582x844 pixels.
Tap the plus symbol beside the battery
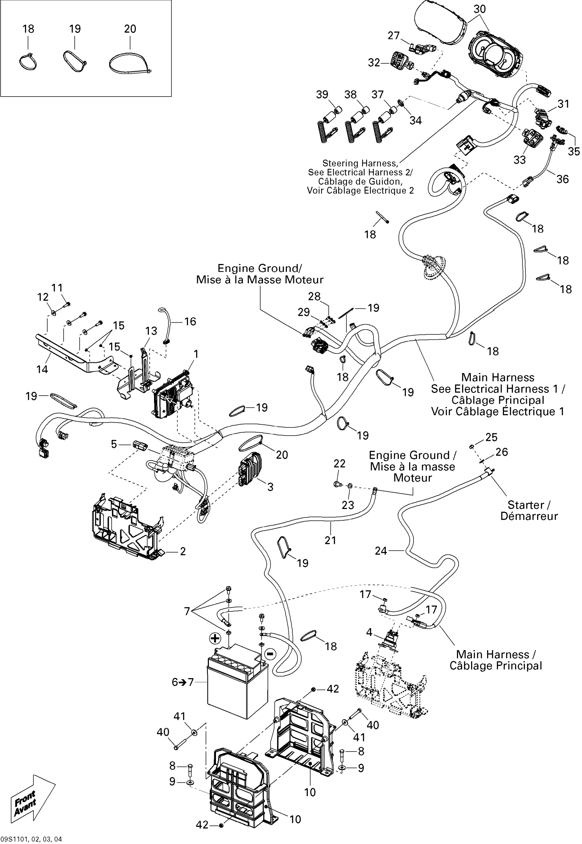(x=215, y=638)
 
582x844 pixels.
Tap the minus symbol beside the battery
(x=270, y=654)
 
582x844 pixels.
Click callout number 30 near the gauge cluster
(x=480, y=9)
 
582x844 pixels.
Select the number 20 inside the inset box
(x=130, y=29)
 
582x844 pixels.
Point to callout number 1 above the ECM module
(x=196, y=354)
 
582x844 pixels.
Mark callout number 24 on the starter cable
(x=381, y=551)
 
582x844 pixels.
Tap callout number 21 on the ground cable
(x=330, y=540)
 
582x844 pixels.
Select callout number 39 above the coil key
(x=322, y=95)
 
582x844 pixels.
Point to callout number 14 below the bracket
(x=42, y=369)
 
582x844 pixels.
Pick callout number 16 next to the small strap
(x=190, y=322)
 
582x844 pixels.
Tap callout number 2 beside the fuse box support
(x=183, y=551)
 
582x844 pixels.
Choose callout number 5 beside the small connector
(x=114, y=444)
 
